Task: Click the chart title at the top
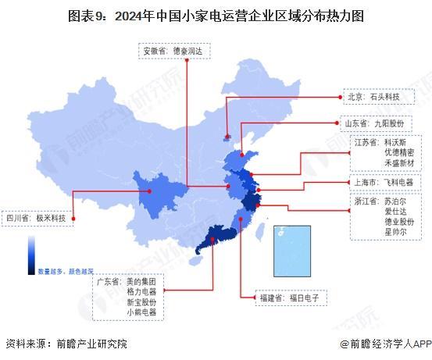215,15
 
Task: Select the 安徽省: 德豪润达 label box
173,52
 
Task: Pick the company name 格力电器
141,290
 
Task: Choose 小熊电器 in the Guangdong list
141,312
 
